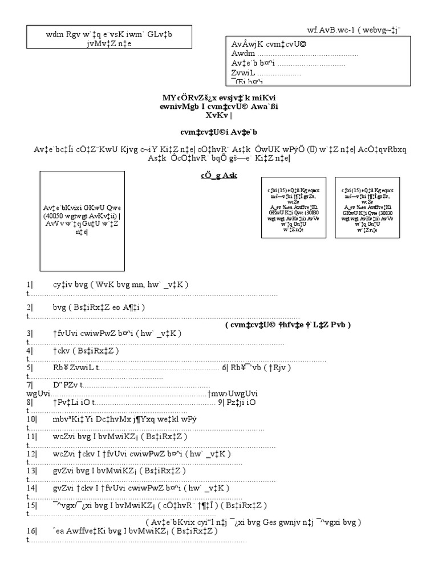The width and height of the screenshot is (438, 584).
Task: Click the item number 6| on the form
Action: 226,367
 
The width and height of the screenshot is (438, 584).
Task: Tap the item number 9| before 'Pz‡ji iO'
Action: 223,402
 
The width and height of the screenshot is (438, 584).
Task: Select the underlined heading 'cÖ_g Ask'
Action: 218,175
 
